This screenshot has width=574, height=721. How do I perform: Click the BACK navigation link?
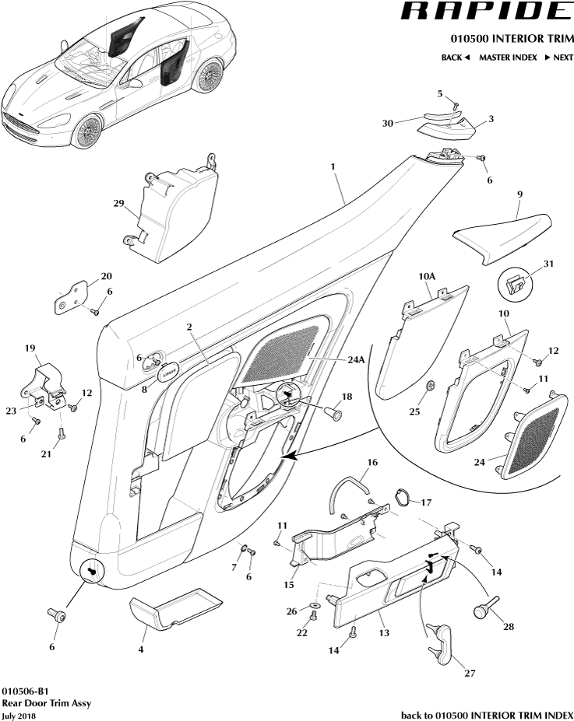click(x=456, y=58)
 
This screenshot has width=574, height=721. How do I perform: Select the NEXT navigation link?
click(x=558, y=58)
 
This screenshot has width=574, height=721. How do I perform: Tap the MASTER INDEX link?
click(x=507, y=58)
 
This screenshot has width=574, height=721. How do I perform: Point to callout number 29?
click(x=118, y=204)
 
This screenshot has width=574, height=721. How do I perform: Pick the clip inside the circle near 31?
click(x=516, y=282)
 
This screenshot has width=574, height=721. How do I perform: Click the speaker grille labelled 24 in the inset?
click(x=531, y=436)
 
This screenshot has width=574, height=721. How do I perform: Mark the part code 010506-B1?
click(x=29, y=690)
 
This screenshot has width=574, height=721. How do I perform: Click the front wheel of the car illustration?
click(x=87, y=128)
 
